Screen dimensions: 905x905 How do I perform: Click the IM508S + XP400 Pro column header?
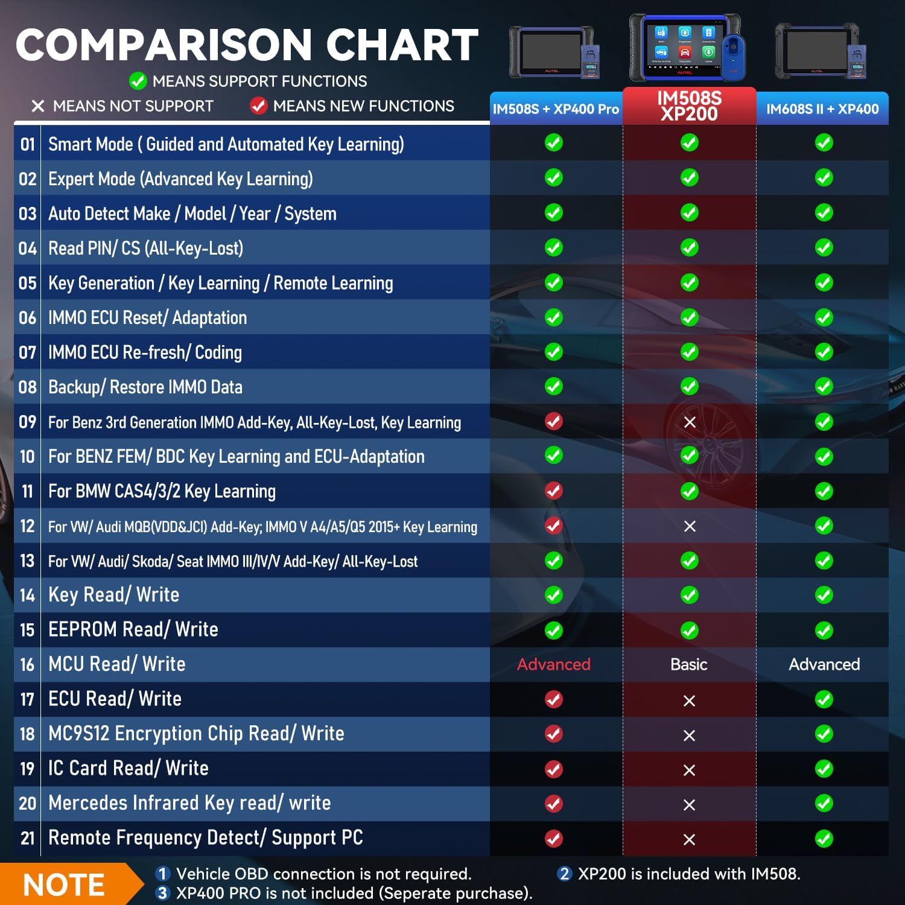556,109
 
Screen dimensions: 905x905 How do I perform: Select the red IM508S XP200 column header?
689,106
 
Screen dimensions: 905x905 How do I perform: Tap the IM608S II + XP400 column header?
822,109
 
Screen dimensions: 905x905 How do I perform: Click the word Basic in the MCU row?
689,664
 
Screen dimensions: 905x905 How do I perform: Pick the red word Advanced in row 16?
554,664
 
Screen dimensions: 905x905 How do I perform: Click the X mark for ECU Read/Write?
689,700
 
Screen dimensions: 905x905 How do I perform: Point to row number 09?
28,422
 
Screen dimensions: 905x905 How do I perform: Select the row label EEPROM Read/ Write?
133,629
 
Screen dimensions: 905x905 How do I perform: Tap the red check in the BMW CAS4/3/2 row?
554,491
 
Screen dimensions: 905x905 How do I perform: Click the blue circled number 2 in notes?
565,874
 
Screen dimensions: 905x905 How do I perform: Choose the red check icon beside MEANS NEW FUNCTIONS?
258,106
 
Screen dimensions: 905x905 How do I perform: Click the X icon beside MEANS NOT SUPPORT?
38,106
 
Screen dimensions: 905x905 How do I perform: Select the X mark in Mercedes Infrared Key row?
689,805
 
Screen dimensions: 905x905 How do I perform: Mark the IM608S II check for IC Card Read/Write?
824,769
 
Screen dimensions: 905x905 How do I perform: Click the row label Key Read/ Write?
114,595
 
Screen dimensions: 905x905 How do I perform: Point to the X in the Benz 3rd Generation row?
690,422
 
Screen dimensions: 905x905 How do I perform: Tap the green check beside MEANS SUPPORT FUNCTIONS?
138,81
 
